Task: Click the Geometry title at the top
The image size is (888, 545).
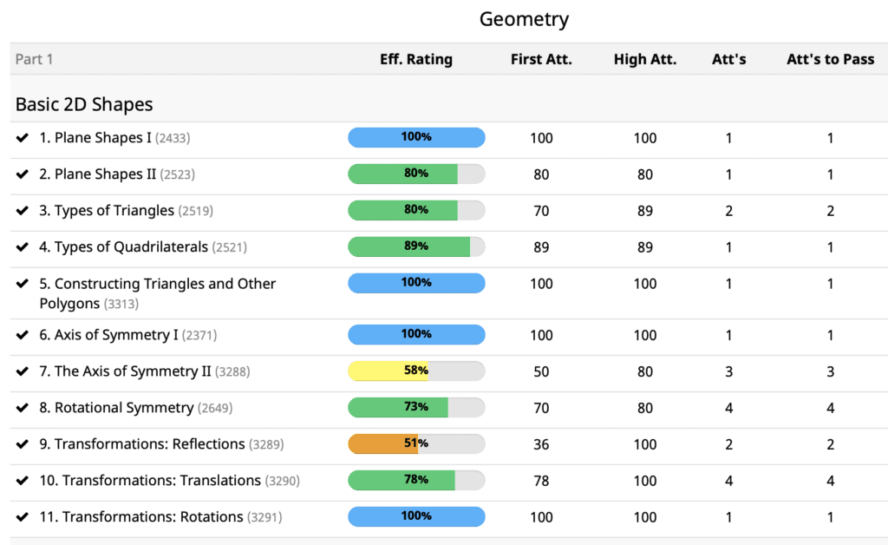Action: [x=524, y=19]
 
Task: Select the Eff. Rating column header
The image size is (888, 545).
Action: [x=416, y=60]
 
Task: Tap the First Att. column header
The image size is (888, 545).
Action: [x=541, y=60]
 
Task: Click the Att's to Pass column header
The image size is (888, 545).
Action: [x=830, y=60]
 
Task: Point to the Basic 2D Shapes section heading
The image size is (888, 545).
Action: [x=84, y=104]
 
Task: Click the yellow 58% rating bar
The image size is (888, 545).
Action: [x=416, y=371]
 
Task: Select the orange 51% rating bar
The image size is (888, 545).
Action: [x=416, y=443]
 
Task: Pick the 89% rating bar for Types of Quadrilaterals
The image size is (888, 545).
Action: [x=416, y=246]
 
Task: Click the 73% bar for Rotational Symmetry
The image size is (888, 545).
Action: [x=416, y=407]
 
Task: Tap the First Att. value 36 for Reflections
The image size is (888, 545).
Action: [x=541, y=444]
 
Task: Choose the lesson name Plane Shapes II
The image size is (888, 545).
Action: [x=105, y=174]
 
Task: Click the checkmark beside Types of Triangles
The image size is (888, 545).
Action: [x=23, y=211]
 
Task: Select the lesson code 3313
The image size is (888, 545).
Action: [x=121, y=304]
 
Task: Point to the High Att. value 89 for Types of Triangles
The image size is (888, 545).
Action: [x=644, y=211]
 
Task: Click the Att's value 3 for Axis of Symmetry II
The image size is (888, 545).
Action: [x=728, y=371]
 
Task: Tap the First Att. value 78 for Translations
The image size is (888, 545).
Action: [x=541, y=481]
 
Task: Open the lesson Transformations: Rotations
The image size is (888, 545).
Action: [x=153, y=517]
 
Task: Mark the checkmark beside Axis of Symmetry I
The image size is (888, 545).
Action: [x=23, y=335]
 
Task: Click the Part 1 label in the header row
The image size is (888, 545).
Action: [x=35, y=60]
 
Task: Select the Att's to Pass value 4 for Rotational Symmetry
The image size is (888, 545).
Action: [x=830, y=408]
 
